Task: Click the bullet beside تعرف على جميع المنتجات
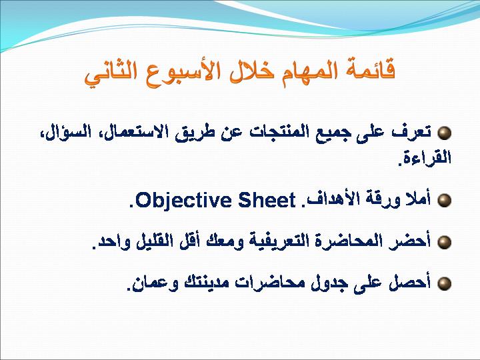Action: point(444,133)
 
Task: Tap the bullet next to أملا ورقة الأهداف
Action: point(444,200)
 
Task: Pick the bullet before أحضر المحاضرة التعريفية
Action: point(444,242)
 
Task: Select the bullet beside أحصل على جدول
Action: point(444,283)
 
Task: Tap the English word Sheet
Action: point(267,200)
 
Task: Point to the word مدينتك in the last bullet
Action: point(206,283)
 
